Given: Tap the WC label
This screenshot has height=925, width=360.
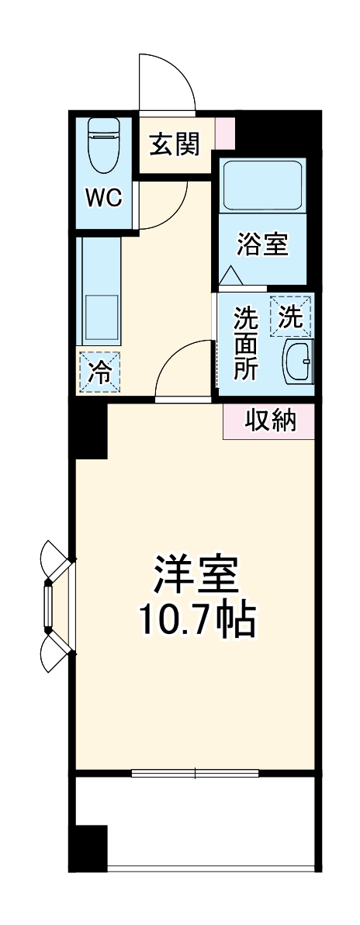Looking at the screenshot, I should [103, 198].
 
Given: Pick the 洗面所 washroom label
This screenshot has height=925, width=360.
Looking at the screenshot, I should [246, 343].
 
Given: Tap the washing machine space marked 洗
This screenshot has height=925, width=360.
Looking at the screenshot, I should [289, 317].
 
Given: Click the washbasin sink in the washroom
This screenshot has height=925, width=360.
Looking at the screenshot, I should [298, 361].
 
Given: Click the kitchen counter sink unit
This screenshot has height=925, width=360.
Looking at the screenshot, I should [99, 291].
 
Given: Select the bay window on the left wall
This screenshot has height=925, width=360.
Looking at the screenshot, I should [54, 606].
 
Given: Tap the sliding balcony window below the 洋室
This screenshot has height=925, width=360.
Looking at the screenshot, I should [196, 773].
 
